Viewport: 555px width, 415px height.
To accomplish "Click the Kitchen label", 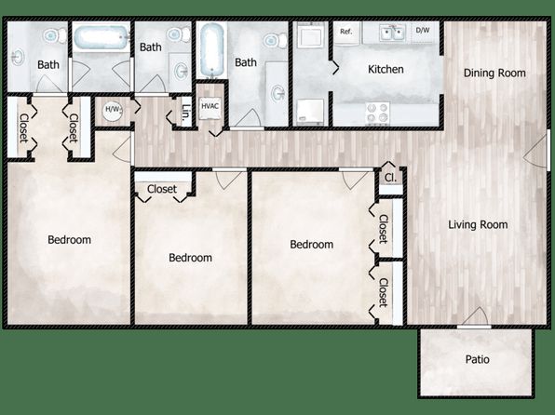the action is [x=386, y=69].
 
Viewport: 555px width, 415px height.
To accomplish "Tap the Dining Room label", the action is [x=494, y=74].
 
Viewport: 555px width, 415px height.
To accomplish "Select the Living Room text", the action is [x=478, y=224].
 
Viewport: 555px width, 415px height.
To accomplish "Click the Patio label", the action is [x=477, y=359].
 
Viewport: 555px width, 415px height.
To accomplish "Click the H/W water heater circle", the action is [x=113, y=110].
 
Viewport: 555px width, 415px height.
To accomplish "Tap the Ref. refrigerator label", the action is [x=346, y=32].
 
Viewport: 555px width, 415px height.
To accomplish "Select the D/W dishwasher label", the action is [x=423, y=30].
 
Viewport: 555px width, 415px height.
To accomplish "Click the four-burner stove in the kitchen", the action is [x=378, y=113].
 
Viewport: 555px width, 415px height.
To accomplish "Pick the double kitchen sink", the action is [x=392, y=33].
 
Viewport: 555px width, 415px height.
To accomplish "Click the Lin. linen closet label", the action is [x=186, y=113].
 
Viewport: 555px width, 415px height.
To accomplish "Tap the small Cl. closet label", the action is [x=390, y=178].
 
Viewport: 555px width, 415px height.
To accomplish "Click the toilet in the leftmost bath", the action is [x=55, y=35].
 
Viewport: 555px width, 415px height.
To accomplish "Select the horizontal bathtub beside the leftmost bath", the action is [x=102, y=37].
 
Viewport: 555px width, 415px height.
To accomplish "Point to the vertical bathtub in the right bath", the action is [x=211, y=49].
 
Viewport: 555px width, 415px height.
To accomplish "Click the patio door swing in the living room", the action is [x=477, y=315].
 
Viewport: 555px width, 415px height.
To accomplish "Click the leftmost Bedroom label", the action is [x=69, y=240].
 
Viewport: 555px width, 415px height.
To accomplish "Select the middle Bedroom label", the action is [x=190, y=258].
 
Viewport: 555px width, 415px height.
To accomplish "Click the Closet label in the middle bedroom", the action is [x=162, y=189].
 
